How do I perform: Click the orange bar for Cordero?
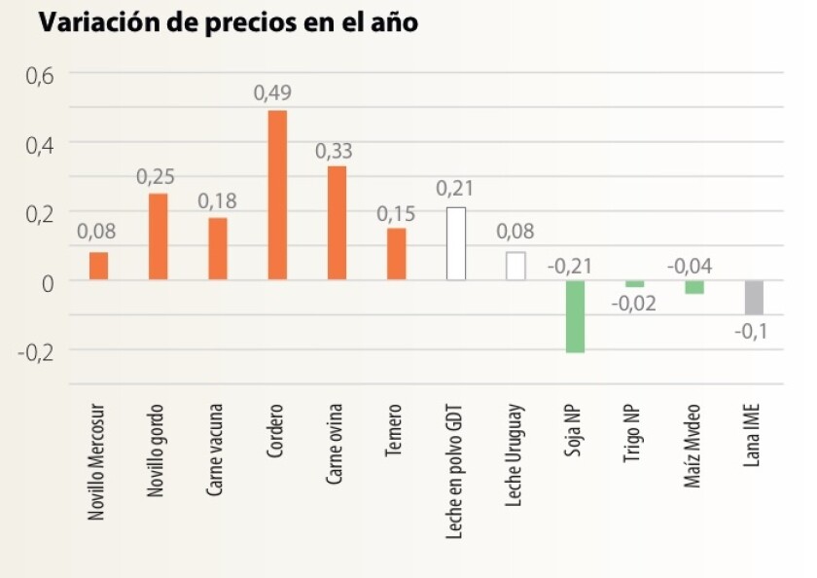tap(277, 195)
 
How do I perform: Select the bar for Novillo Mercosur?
tap(98, 266)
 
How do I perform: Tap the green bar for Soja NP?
tap(575, 316)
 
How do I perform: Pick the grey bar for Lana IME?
tap(754, 297)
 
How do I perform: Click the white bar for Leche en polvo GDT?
tap(456, 243)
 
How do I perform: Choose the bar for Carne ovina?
tap(337, 223)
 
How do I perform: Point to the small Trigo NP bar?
tap(634, 284)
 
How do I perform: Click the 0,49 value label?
tap(272, 93)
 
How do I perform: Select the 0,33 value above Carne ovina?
tap(334, 151)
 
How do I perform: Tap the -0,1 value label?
tap(751, 332)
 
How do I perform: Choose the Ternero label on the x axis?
tap(395, 429)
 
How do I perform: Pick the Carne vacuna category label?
tap(216, 448)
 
